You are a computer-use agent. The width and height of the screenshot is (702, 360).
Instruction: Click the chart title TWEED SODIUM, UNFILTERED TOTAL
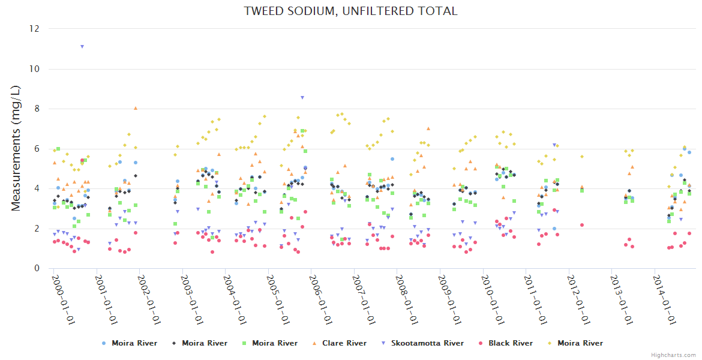coord(350,11)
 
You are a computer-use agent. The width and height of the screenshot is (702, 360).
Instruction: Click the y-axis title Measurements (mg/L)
coord(16,148)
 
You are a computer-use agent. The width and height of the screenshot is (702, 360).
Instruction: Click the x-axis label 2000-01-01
coord(62,300)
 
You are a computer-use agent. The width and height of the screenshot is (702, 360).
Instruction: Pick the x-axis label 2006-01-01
coord(320,300)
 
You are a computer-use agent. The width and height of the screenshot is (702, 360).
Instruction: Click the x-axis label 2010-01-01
coord(492,300)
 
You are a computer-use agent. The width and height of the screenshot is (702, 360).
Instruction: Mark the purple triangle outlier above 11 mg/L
coord(82,46)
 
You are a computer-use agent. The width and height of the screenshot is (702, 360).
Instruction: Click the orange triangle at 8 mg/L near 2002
coord(136,108)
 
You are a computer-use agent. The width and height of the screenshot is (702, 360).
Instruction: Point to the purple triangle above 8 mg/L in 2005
coord(302,97)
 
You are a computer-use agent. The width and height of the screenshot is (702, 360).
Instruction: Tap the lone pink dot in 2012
coord(582,225)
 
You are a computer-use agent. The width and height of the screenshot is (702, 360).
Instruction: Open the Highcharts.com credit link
coord(673,355)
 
